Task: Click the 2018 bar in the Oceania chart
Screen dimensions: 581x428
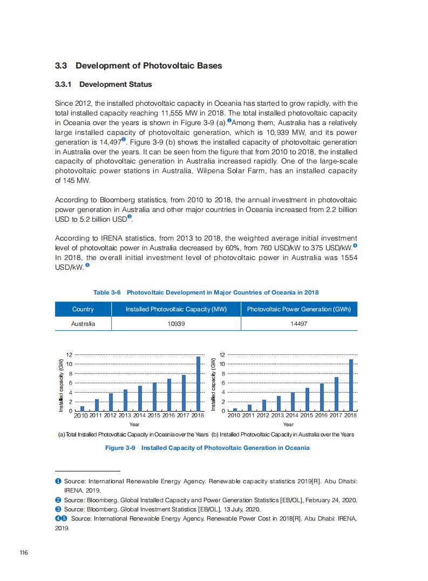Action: (x=198, y=384)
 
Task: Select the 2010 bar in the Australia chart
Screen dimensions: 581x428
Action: (x=235, y=409)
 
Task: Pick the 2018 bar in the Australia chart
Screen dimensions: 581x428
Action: (x=351, y=385)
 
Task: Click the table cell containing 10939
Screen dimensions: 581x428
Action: (x=176, y=324)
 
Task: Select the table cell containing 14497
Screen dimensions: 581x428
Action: (x=299, y=324)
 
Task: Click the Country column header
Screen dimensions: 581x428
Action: (x=83, y=309)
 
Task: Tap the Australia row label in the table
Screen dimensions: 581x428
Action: (x=83, y=324)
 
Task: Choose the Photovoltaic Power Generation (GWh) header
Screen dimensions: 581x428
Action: (x=299, y=309)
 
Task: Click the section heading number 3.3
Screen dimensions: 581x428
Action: (x=61, y=66)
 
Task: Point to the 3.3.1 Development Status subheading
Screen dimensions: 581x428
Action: (x=104, y=85)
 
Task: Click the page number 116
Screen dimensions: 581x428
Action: (x=24, y=552)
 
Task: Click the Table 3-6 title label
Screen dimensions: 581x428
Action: (x=107, y=292)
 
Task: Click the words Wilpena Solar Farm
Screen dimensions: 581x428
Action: (x=244, y=171)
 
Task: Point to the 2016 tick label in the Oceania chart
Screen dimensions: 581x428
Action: (x=168, y=416)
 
